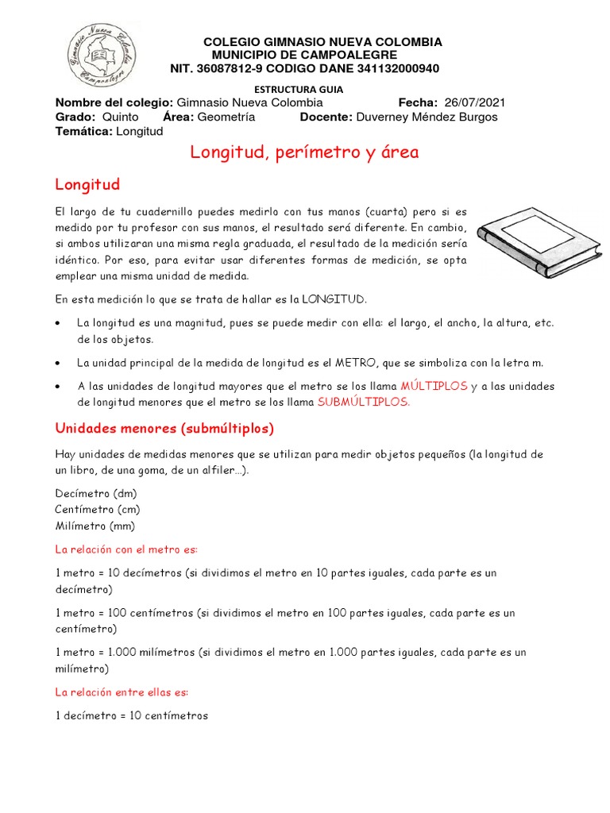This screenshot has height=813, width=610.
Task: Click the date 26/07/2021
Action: coord(475,103)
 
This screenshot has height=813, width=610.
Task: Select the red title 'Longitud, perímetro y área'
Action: coord(304,152)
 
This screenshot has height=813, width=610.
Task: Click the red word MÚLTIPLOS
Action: coord(434,386)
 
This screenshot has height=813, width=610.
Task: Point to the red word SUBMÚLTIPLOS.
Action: coord(364,402)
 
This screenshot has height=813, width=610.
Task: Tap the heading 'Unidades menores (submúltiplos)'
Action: coord(164,429)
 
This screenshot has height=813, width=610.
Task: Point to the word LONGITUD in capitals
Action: coord(333,299)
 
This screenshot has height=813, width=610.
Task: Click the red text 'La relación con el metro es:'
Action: coord(126,549)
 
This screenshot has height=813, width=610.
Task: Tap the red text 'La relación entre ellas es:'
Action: coord(122,692)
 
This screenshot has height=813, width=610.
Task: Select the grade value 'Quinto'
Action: coord(121,118)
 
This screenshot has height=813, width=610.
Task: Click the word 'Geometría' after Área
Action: coord(226,118)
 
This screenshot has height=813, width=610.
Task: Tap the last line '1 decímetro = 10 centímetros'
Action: coord(132,716)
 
